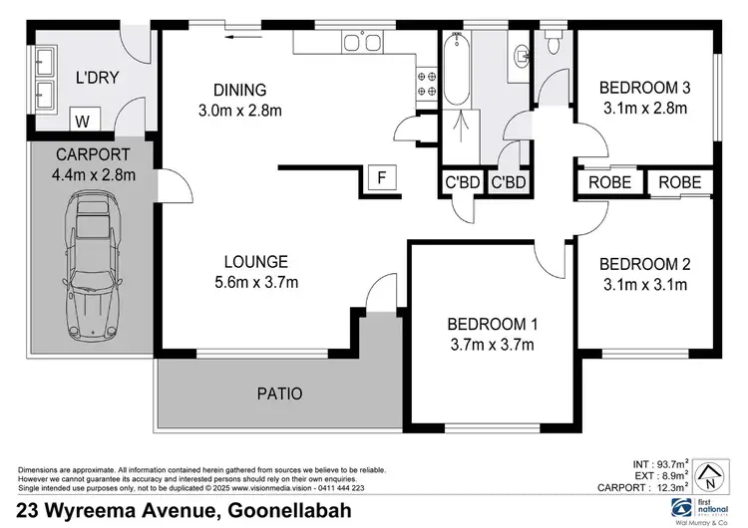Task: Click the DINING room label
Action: pyautogui.click(x=239, y=88)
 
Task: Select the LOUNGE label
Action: pyautogui.click(x=256, y=262)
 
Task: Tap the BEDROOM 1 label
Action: pyautogui.click(x=493, y=324)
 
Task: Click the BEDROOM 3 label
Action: pyautogui.click(x=644, y=88)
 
